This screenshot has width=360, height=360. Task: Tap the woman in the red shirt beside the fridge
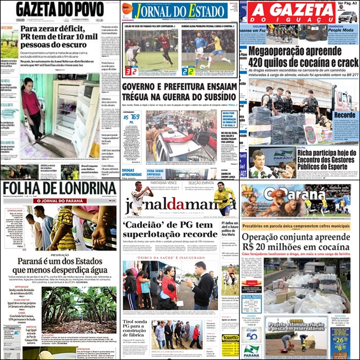click(x=32, y=111)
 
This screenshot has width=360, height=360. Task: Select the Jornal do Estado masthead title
click(x=179, y=11)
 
